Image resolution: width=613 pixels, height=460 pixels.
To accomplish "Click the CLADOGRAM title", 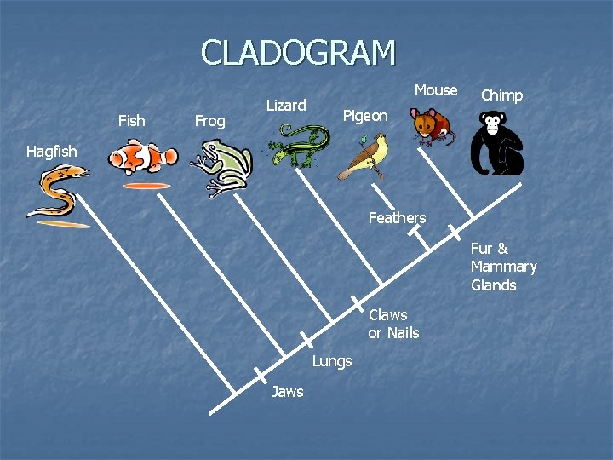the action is [x=298, y=53].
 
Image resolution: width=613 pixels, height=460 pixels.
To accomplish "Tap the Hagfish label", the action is [x=51, y=152].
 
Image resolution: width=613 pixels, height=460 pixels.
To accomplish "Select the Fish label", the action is [x=131, y=121].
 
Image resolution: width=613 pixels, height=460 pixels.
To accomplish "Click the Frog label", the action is [x=209, y=121].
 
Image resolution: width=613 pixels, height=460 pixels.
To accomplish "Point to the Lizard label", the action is [x=286, y=106].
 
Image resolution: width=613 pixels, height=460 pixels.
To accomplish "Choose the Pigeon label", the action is [x=364, y=116].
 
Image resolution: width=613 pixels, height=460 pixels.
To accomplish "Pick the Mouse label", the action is [x=436, y=90].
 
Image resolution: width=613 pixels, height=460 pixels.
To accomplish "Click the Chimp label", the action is [x=501, y=95].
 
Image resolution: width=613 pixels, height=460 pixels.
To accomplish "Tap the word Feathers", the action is [x=397, y=218].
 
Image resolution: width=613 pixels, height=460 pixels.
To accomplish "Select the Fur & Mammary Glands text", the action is [x=503, y=267].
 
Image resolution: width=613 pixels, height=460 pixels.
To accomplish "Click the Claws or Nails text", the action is [x=393, y=324].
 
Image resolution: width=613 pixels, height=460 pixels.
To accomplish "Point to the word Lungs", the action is [x=332, y=361].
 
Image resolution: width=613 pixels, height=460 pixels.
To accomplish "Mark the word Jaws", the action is [x=287, y=392].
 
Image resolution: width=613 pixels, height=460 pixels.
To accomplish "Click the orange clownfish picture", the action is [x=142, y=159].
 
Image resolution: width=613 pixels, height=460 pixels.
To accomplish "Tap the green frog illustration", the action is [x=221, y=168].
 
